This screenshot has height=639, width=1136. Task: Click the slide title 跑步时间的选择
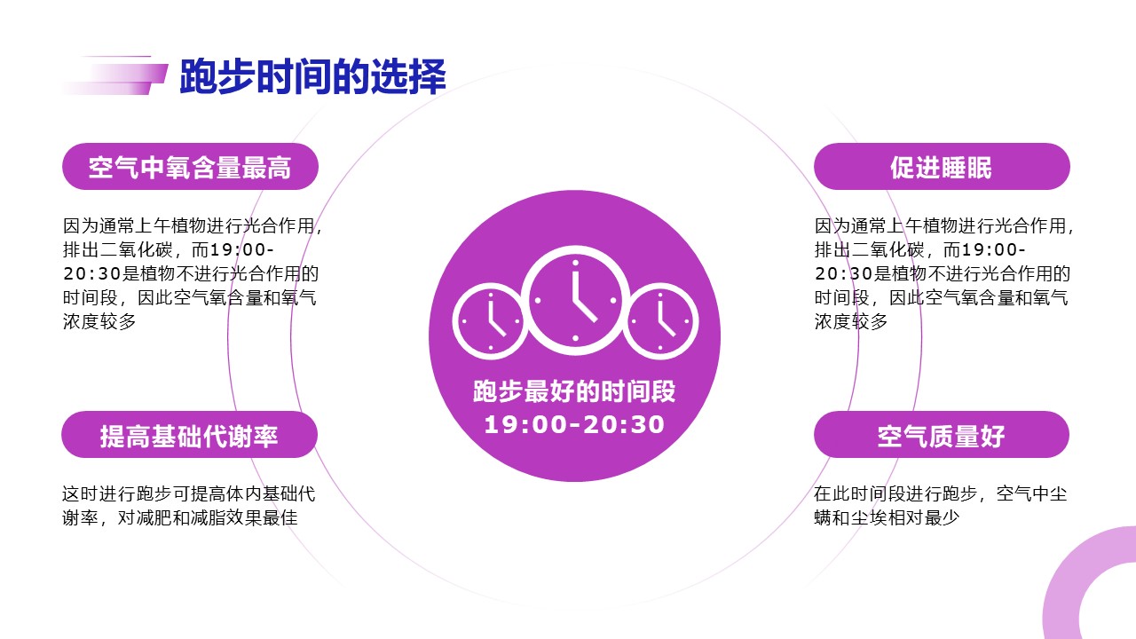click(x=313, y=76)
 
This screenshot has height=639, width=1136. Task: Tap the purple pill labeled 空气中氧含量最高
click(x=190, y=166)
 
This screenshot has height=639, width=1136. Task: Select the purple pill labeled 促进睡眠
click(x=942, y=166)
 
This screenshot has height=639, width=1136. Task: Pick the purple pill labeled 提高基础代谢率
click(x=189, y=435)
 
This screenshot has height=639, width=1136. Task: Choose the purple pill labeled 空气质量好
click(x=942, y=435)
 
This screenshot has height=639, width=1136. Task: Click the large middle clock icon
click(x=575, y=300)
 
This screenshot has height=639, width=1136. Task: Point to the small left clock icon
click(x=491, y=321)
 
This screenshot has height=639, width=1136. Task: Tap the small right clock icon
click(x=660, y=321)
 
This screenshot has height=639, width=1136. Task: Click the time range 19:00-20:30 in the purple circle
click(x=574, y=425)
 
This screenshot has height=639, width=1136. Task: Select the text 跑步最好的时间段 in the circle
click(x=574, y=391)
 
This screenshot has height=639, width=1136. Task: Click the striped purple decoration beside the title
click(x=114, y=75)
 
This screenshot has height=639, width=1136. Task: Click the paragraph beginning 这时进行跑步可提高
click(x=189, y=506)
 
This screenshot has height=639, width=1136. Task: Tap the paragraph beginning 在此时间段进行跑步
click(x=941, y=506)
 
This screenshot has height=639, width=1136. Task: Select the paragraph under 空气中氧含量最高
click(x=193, y=274)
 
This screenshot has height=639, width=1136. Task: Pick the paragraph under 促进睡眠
click(x=944, y=274)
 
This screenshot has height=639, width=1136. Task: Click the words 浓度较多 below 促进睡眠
click(x=851, y=321)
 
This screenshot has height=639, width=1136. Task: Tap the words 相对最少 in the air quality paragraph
click(x=922, y=517)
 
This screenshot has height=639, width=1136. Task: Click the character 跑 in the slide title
click(x=198, y=76)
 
